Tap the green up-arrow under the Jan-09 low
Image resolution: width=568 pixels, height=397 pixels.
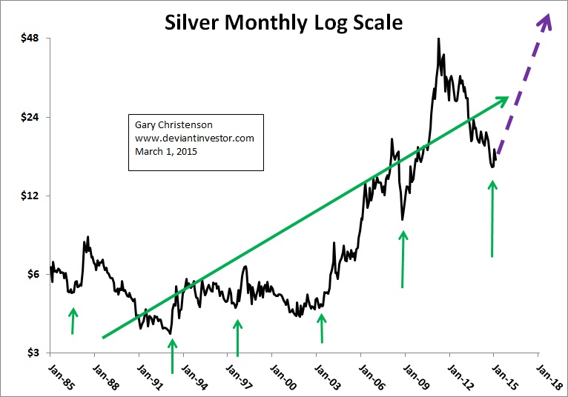point(403,259)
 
